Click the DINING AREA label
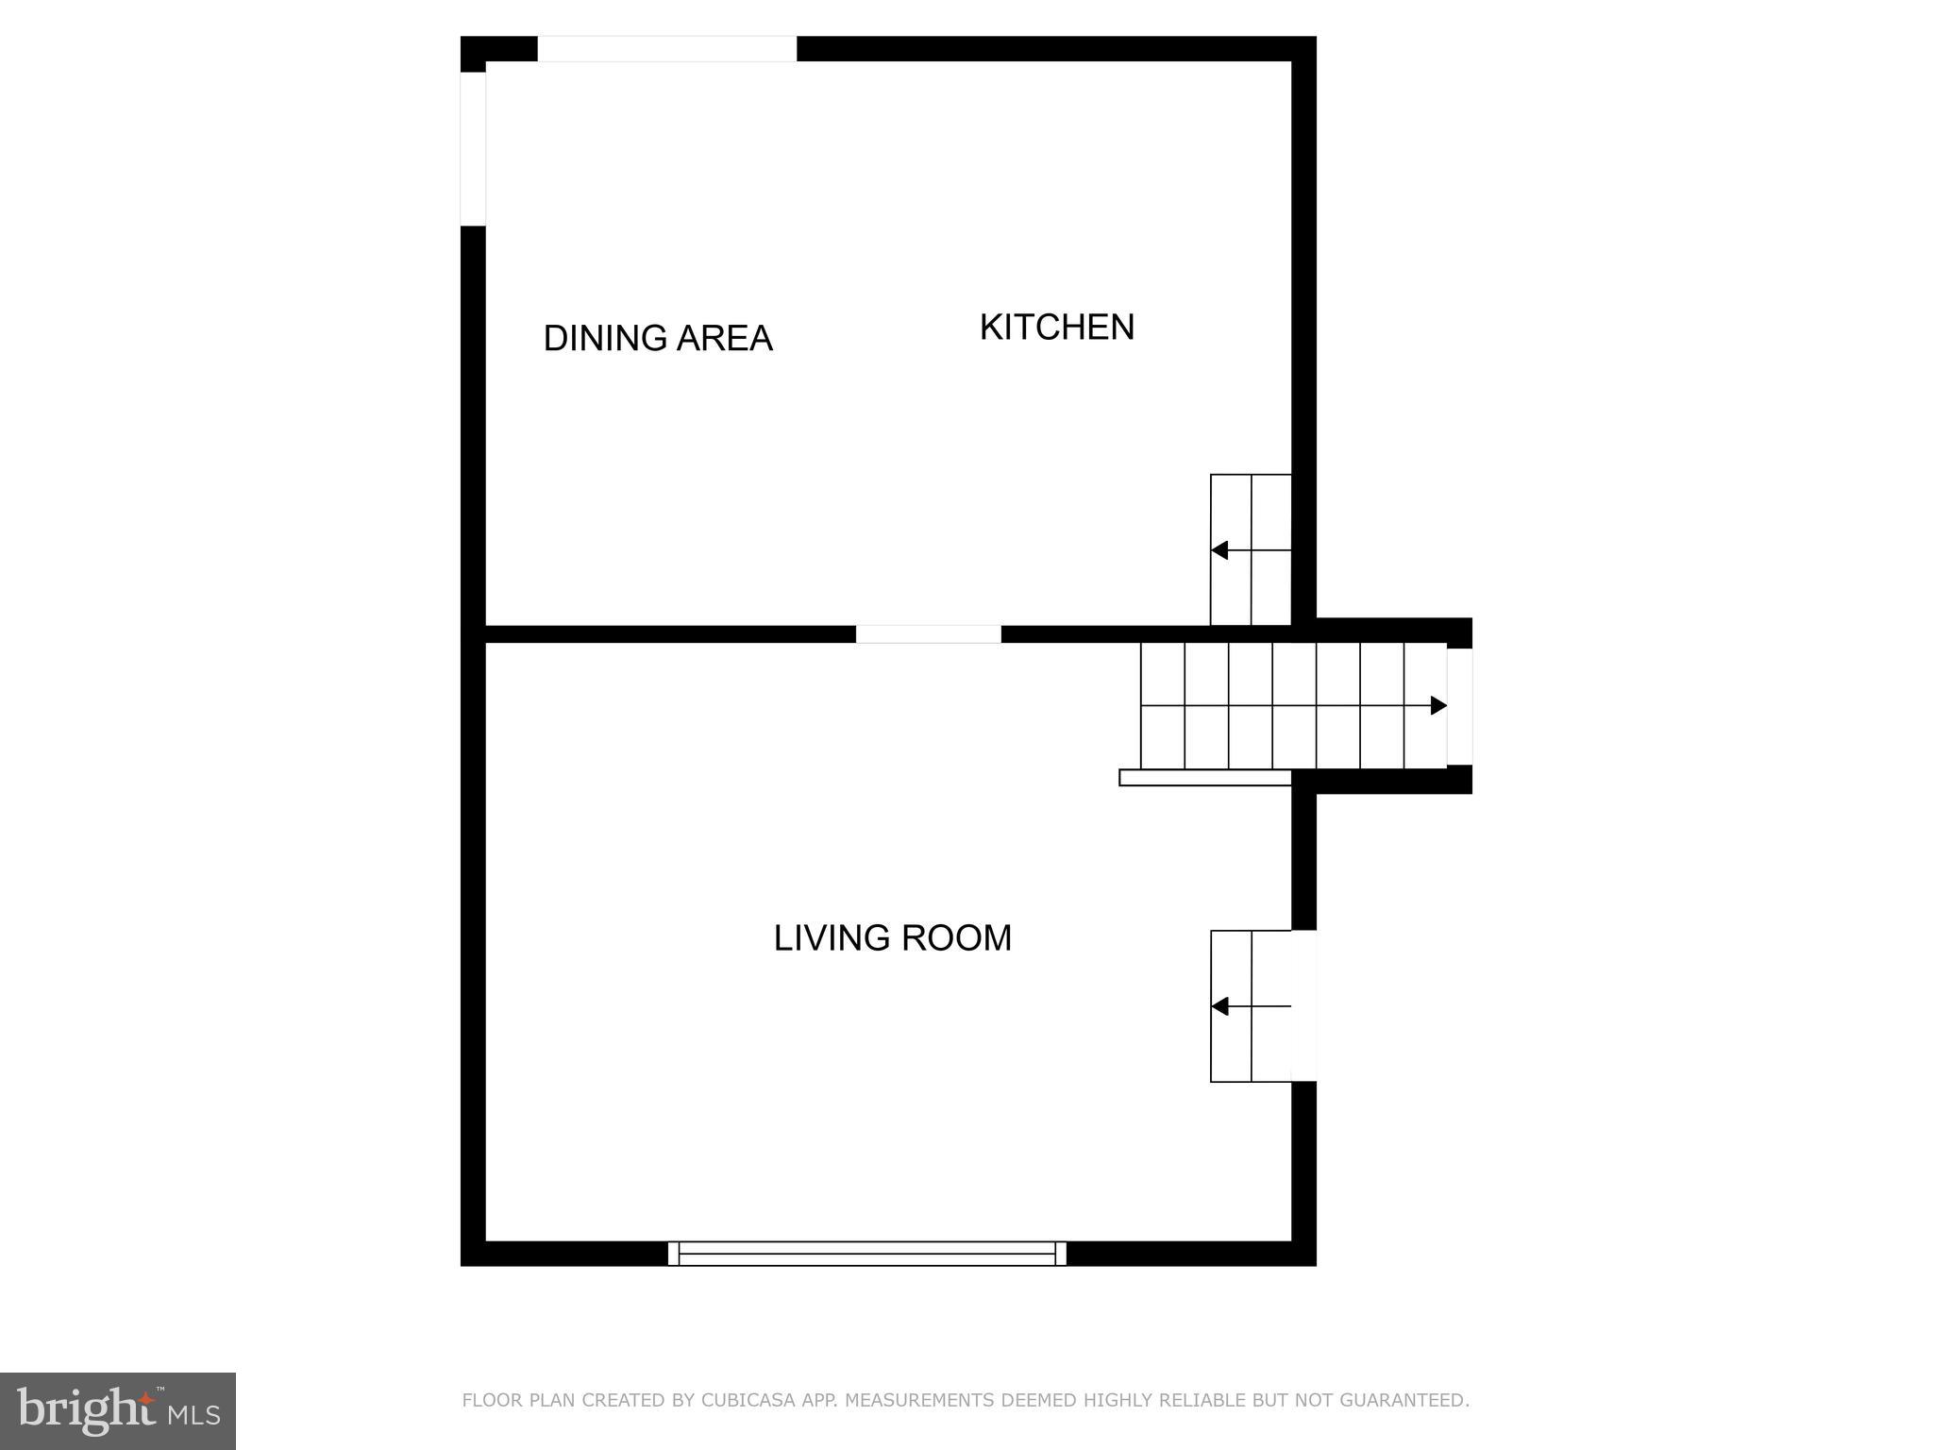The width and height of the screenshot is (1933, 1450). point(658,338)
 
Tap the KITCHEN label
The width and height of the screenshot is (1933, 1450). point(1056,327)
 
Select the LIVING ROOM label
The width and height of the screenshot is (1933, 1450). point(892,937)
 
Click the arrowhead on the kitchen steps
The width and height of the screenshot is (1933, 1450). point(1219,549)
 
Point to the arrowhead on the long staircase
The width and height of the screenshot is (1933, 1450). point(1438,705)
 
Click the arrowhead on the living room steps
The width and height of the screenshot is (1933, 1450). point(1219,1006)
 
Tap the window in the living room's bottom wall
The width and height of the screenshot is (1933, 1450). point(866,1253)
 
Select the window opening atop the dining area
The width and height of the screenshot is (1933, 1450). point(666,49)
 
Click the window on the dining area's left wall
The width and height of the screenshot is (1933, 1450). point(473,148)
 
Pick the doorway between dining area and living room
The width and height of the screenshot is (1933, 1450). point(928,633)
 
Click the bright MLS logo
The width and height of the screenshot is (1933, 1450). point(118,1410)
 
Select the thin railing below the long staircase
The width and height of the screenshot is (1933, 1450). point(1204,778)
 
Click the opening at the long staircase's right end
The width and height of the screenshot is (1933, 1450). point(1459,706)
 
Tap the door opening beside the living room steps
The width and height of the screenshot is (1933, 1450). point(1303,1005)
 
